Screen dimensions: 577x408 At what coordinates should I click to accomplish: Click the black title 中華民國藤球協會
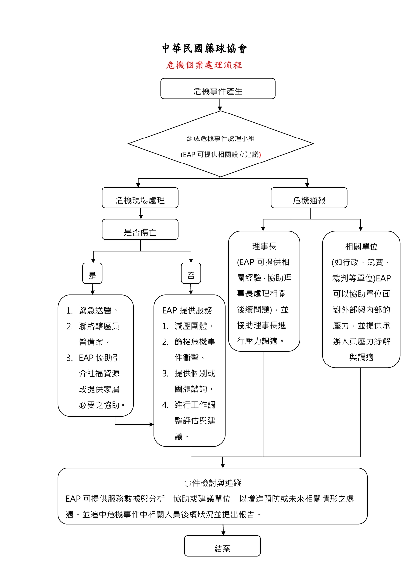click(x=204, y=48)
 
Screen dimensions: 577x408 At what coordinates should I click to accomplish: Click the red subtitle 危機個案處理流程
click(x=204, y=65)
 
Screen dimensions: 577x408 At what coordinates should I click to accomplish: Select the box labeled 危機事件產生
click(x=218, y=89)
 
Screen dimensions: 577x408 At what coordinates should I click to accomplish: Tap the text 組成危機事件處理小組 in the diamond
click(x=221, y=139)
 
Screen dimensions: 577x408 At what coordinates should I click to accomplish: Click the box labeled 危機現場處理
click(x=140, y=198)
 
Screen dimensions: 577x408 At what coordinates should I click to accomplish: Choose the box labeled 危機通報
click(x=309, y=198)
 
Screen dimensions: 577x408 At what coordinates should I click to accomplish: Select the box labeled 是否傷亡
click(x=140, y=230)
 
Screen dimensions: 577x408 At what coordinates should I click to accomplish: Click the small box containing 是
click(x=92, y=273)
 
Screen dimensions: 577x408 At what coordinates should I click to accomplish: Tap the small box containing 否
click(x=191, y=273)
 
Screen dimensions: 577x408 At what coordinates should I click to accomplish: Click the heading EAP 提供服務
click(x=187, y=310)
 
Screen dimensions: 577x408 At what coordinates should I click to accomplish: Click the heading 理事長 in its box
click(x=264, y=246)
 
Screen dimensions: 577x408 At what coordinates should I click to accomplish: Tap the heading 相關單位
click(x=361, y=246)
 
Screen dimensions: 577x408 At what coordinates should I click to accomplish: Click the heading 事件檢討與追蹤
click(x=213, y=483)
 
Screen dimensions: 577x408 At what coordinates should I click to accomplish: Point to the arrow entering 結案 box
click(x=223, y=530)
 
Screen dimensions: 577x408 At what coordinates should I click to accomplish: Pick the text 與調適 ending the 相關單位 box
click(x=361, y=357)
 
